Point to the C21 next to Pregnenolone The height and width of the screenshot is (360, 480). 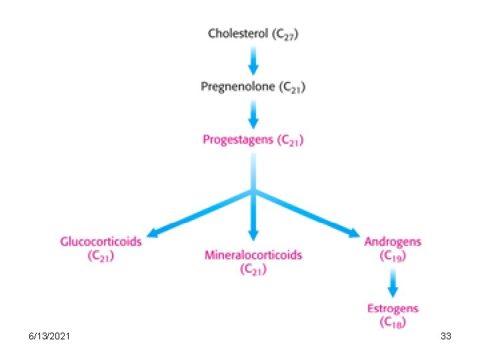(293, 87)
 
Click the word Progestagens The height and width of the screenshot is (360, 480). (238, 141)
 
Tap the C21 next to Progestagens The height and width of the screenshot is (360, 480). (291, 141)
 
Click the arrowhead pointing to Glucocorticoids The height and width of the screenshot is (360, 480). (153, 233)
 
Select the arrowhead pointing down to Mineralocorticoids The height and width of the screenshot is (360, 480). (253, 235)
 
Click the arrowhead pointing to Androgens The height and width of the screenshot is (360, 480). (353, 233)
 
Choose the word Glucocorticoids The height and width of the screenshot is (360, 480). (101, 241)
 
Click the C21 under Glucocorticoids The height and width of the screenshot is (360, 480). (101, 256)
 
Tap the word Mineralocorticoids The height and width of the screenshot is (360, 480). (253, 255)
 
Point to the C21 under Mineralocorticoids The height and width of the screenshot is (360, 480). (253, 269)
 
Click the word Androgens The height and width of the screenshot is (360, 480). (393, 241)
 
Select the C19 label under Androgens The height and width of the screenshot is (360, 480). (393, 256)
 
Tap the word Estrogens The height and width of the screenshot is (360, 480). (393, 308)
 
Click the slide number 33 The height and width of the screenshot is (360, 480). (446, 337)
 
